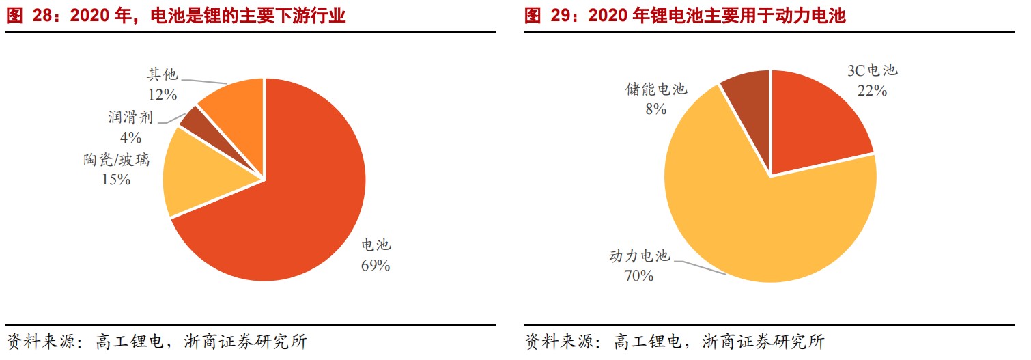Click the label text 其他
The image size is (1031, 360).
coord(162,74)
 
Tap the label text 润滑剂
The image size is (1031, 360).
coord(130,117)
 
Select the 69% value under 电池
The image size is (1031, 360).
coord(375,266)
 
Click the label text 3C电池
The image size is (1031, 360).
coord(871,70)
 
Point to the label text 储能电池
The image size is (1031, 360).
coord(655,89)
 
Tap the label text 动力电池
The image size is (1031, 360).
coord(639,256)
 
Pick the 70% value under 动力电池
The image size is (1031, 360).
coord(639,275)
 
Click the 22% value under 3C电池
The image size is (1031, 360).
coord(872,90)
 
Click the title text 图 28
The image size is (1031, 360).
coord(27,16)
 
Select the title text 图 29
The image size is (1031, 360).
coord(545,16)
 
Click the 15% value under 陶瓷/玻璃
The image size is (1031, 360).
coord(116,180)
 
